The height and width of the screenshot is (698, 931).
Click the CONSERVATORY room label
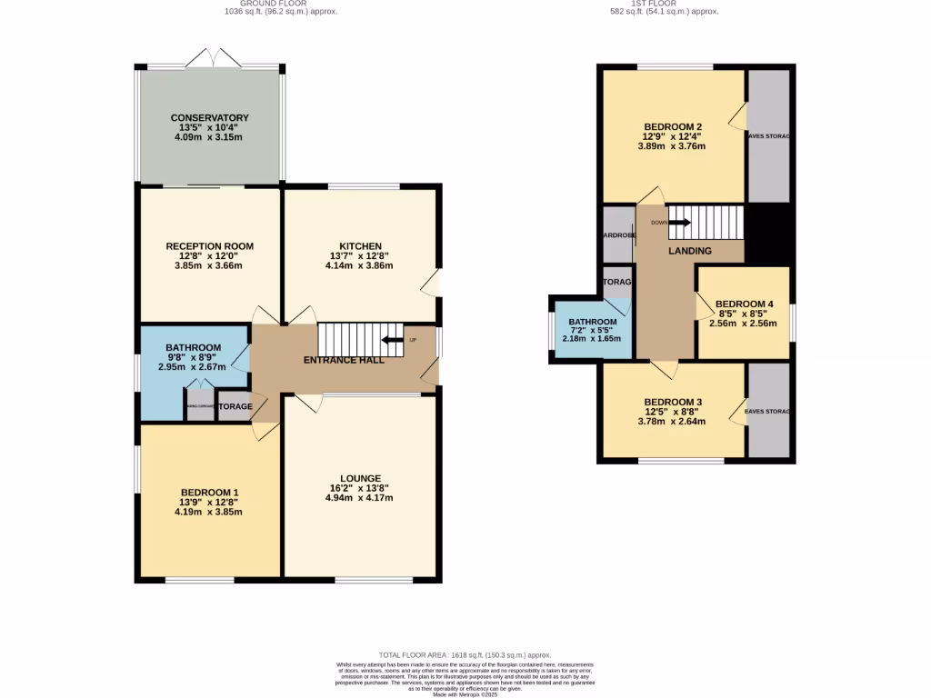(x=209, y=118)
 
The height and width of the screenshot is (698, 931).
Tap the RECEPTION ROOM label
(x=209, y=246)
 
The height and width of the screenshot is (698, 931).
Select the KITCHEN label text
(x=360, y=246)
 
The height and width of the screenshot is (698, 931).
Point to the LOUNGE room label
(x=360, y=478)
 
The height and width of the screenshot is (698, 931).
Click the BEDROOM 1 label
(x=209, y=492)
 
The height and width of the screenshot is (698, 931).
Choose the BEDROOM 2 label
(x=673, y=126)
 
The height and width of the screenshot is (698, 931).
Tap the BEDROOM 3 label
(x=673, y=402)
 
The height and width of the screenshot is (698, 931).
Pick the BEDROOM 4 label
(x=744, y=304)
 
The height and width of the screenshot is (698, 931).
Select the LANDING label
(x=690, y=251)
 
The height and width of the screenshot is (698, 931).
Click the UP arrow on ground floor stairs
(x=393, y=341)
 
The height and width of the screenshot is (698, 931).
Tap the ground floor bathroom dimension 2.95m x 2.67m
(x=193, y=367)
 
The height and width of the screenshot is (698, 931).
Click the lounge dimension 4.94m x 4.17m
(x=360, y=498)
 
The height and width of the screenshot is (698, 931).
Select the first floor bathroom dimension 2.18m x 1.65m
(x=592, y=339)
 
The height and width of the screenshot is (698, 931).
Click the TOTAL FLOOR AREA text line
(x=465, y=655)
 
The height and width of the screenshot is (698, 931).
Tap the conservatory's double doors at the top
(x=211, y=57)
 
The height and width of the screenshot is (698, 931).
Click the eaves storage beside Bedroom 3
(x=768, y=411)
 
